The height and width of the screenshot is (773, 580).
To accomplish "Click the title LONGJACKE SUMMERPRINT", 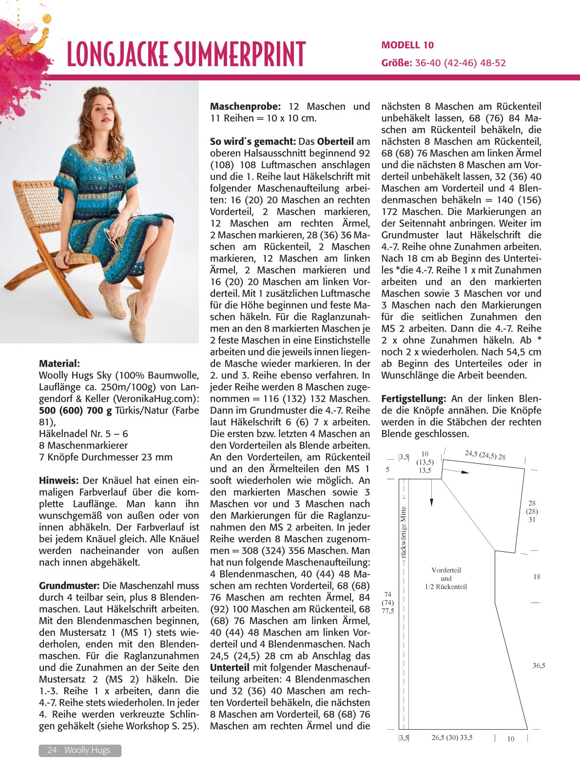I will click(x=186, y=54).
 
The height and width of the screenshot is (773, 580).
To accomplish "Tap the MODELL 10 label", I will click(x=407, y=45).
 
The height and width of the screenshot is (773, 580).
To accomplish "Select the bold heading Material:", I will click(x=59, y=363).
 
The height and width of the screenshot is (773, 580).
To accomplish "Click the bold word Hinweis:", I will click(x=58, y=480).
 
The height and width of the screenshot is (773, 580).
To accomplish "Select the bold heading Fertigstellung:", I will click(x=413, y=398).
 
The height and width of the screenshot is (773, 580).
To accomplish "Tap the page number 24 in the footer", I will click(x=52, y=750).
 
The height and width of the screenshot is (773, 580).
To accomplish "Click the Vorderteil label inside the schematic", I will click(x=446, y=570).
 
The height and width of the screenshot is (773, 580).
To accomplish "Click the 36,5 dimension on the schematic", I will click(x=539, y=665).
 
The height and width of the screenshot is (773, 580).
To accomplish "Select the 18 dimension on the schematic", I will click(x=537, y=577).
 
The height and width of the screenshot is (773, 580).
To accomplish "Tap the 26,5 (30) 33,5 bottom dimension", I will click(x=452, y=737).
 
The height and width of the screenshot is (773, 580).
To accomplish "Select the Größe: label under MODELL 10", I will click(x=397, y=63).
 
